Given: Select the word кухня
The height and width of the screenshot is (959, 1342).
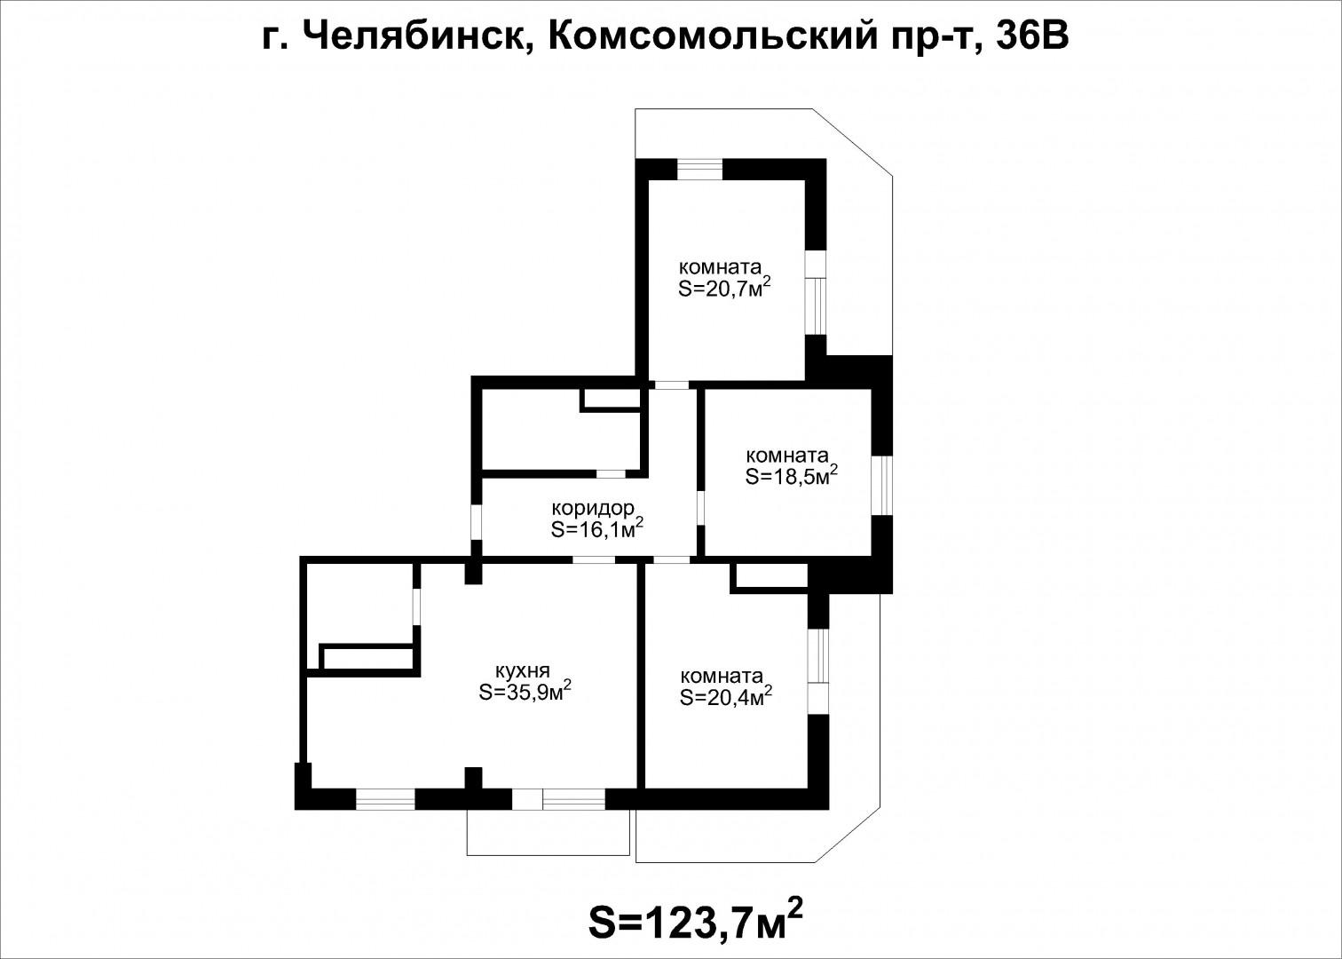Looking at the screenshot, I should (523, 670).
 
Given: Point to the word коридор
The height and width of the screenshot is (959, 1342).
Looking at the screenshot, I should (593, 509).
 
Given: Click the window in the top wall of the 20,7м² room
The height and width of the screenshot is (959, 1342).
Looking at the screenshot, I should (699, 169).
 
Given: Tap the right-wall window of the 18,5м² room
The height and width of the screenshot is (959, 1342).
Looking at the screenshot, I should (881, 486).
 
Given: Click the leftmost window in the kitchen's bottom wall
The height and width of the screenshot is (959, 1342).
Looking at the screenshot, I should (385, 799).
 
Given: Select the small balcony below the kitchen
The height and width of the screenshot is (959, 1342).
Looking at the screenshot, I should (548, 832).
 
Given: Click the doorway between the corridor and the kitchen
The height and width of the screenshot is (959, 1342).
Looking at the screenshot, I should (594, 559).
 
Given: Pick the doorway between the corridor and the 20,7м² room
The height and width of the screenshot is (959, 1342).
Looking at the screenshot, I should (671, 385).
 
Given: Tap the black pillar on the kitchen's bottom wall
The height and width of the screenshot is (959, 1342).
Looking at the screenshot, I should (474, 779).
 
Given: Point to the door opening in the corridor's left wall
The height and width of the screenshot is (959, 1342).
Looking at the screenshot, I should (476, 522).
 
